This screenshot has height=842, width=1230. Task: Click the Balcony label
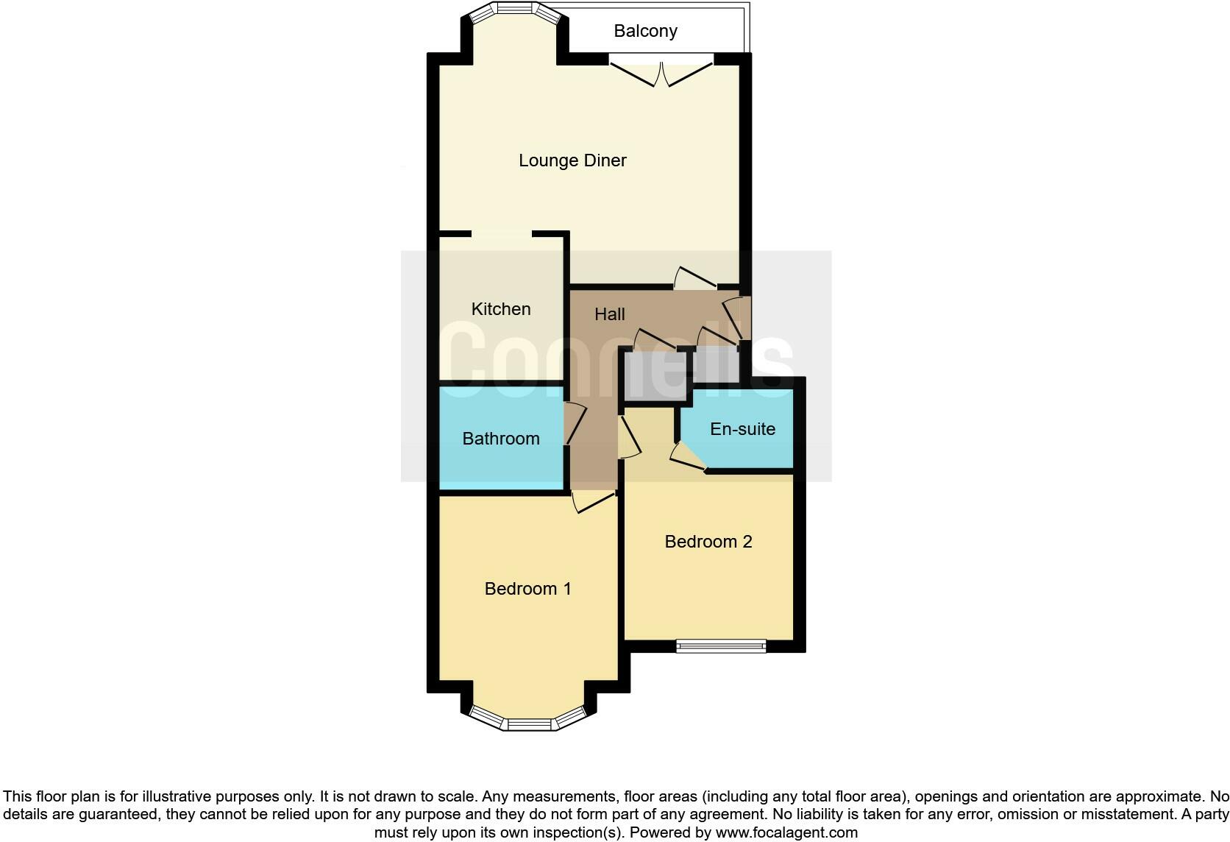(645, 31)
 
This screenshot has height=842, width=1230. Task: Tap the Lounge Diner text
(572, 160)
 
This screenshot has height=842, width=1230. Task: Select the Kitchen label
(501, 309)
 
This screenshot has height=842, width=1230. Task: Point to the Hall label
(609, 314)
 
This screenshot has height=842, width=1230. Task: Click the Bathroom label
(501, 439)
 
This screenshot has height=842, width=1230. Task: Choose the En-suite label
(742, 429)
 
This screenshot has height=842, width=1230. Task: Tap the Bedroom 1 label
(527, 589)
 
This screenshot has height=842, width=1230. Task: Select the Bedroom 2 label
(708, 542)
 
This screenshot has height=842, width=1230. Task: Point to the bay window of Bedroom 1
(529, 721)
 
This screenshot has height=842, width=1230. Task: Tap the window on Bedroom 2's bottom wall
(721, 646)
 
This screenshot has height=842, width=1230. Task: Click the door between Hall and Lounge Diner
(694, 278)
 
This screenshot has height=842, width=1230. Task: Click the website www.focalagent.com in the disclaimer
(786, 832)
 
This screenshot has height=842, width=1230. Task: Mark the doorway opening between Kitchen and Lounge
(501, 234)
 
